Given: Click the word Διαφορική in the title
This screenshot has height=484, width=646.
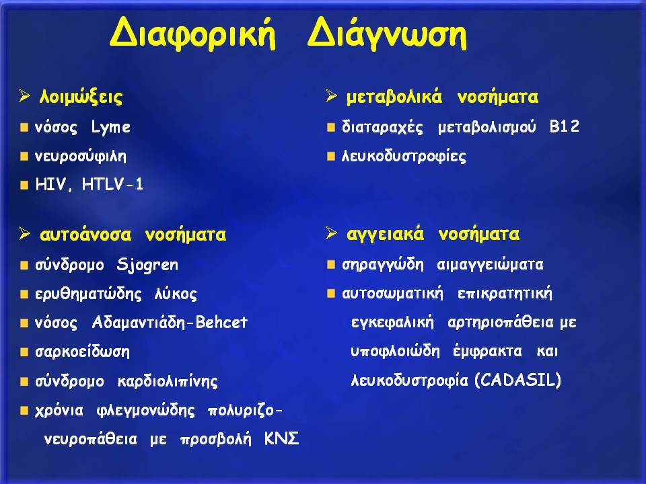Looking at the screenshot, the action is [192, 34].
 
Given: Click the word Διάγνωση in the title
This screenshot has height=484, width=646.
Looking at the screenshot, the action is [387, 34].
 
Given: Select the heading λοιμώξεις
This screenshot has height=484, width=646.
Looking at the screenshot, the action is [81, 97].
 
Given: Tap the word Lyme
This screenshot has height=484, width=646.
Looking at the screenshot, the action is [111, 127].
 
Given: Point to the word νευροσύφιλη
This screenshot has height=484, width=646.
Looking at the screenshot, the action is [81, 157].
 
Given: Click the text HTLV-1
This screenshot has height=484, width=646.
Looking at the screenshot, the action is [112, 184].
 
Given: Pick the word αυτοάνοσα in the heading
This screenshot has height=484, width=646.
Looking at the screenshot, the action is [85, 235].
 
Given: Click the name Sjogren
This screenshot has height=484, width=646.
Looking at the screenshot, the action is [147, 265].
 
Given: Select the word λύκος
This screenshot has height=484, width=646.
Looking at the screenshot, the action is [176, 294].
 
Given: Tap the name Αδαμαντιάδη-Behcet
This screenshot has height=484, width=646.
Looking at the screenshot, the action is [170, 322].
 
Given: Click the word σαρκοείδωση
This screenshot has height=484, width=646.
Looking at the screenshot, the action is [82, 352].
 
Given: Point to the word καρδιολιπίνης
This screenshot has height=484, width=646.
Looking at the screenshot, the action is [168, 381].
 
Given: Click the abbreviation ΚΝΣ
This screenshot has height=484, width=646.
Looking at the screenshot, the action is [281, 439].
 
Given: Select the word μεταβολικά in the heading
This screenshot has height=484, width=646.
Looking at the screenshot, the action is [394, 97].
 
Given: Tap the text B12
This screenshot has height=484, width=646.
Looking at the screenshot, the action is [565, 126].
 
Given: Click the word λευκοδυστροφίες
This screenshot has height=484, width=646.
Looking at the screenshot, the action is [404, 157].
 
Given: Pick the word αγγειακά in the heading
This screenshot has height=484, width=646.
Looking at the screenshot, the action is [385, 235].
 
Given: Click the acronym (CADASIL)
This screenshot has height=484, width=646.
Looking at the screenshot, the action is [518, 380].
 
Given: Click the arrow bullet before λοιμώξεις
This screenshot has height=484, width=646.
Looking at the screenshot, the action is [25, 96].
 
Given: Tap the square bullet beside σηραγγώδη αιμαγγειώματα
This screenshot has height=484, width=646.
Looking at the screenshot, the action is [331, 265].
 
